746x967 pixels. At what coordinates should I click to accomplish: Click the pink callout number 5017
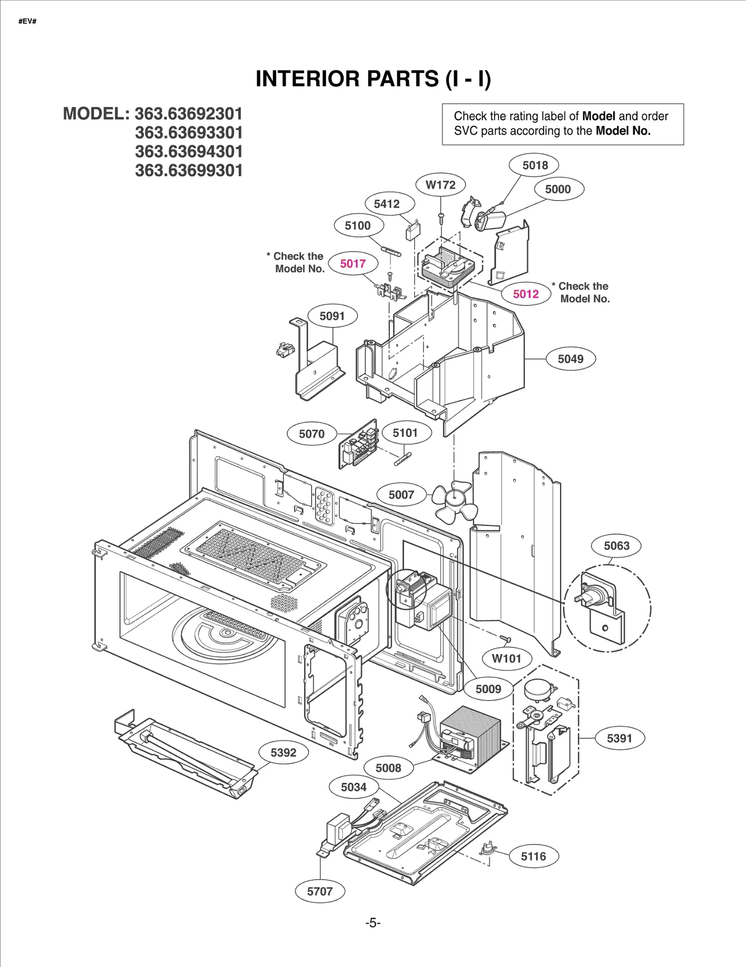click(353, 264)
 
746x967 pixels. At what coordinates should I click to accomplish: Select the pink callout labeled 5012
click(526, 294)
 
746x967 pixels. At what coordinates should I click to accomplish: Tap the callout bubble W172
click(441, 185)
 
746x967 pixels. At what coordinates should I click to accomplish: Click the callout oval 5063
click(616, 546)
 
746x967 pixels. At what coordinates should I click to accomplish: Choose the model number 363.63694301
click(189, 152)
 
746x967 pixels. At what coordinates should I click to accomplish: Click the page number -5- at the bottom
click(373, 923)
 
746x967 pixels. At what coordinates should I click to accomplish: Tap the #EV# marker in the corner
click(28, 21)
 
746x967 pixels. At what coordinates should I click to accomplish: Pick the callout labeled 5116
click(533, 856)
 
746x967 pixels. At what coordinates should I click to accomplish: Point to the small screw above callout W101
click(505, 638)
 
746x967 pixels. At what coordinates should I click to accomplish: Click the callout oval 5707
click(320, 891)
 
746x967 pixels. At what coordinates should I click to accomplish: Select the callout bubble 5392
click(283, 752)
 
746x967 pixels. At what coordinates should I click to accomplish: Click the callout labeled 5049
click(571, 359)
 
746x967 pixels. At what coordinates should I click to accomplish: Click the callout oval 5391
click(620, 738)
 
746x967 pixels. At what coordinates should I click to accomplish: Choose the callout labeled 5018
click(535, 165)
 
